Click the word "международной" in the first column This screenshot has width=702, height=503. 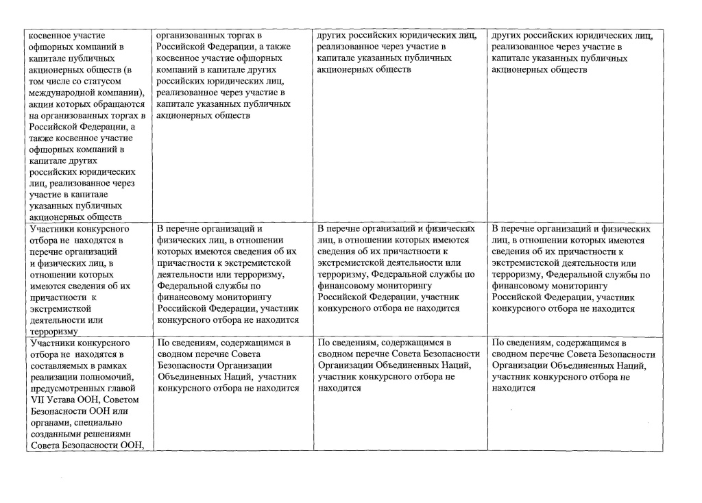point(56,93)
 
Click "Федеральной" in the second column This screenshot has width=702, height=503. point(187,286)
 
